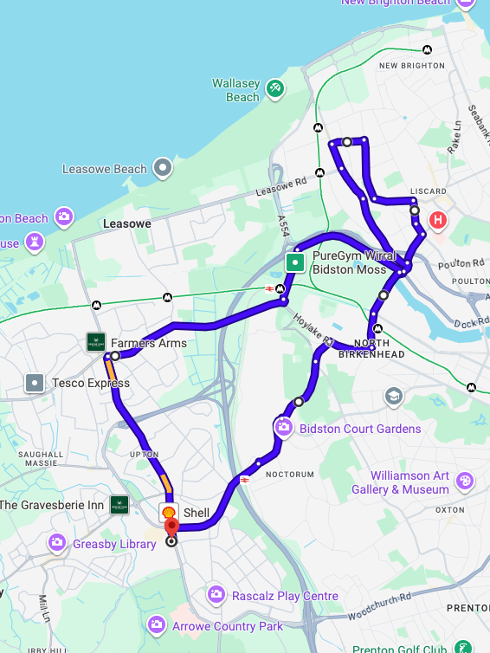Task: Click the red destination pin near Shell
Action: (171, 527)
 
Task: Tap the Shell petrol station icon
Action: (169, 513)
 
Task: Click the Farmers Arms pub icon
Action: (96, 343)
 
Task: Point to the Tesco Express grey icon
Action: (35, 382)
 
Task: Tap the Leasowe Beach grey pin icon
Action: (162, 168)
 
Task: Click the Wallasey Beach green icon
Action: (274, 87)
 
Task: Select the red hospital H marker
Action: (439, 220)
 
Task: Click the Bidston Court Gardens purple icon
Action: (283, 427)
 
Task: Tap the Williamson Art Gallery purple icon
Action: (465, 481)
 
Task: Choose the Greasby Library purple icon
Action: (57, 543)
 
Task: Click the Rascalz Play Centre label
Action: (284, 596)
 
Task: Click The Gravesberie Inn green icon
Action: (119, 505)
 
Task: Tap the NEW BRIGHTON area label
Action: (411, 66)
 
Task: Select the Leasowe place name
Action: (127, 223)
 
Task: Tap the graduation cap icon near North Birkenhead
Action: (394, 397)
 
